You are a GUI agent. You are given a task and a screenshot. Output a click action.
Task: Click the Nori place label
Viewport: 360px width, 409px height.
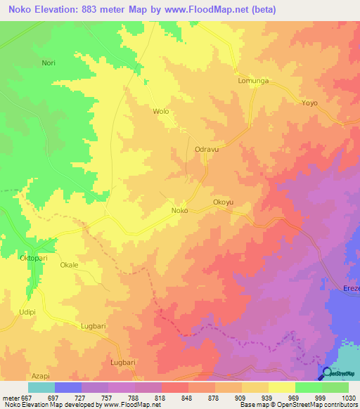coord(49,63)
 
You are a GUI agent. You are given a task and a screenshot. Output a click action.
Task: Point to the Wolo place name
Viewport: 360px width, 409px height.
coord(161,112)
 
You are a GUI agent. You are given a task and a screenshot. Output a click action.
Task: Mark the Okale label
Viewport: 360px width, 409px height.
coord(69,265)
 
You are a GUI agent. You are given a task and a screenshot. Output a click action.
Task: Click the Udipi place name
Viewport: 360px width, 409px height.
coord(27,311)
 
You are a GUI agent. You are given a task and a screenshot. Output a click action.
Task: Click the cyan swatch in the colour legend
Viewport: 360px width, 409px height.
coord(41,387)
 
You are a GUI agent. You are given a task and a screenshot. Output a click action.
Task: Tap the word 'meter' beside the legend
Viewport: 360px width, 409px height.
coord(11,397)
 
